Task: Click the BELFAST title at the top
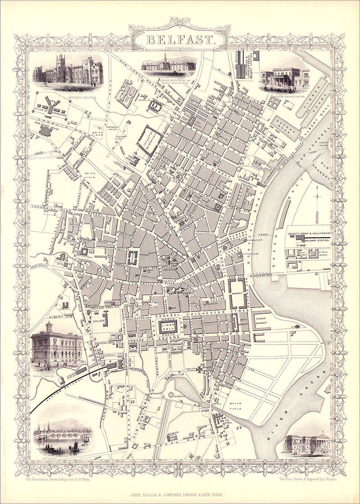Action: [180, 39]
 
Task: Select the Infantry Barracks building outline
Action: [152, 140]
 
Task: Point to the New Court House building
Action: [46, 131]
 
